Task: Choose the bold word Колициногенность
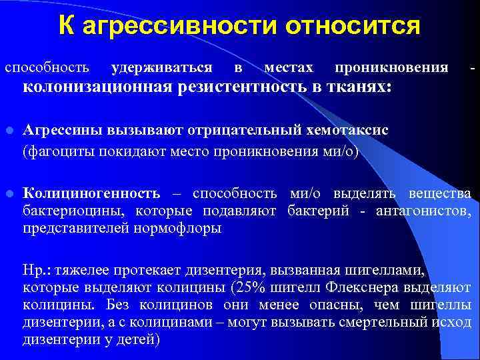(x=91, y=193)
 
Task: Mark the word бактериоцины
(x=75, y=211)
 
